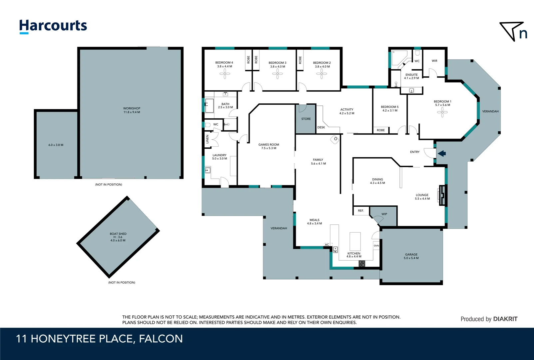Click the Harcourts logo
pyautogui.click(x=53, y=27)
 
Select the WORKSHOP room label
pyautogui.click(x=132, y=108)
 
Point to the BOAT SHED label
pyautogui.click(x=118, y=234)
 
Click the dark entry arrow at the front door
pyautogui.click(x=442, y=153)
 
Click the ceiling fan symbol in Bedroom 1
pyautogui.click(x=442, y=112)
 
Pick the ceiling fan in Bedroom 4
pyautogui.click(x=225, y=74)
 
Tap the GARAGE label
pyautogui.click(x=411, y=255)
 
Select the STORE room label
pyautogui.click(x=306, y=119)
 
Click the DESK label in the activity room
pyautogui.click(x=321, y=127)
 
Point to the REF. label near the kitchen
pyautogui.click(x=361, y=211)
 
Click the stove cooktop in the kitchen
pyautogui.click(x=362, y=264)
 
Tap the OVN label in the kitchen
pyautogui.click(x=376, y=246)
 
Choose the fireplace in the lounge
pyautogui.click(x=442, y=195)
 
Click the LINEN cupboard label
pyautogui.click(x=208, y=139)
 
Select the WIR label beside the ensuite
pyautogui.click(x=434, y=61)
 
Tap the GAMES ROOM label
pyautogui.click(x=269, y=145)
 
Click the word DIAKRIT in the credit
pyautogui.click(x=505, y=319)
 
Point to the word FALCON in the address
pyautogui.click(x=161, y=339)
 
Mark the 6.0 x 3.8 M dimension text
pyautogui.click(x=56, y=145)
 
